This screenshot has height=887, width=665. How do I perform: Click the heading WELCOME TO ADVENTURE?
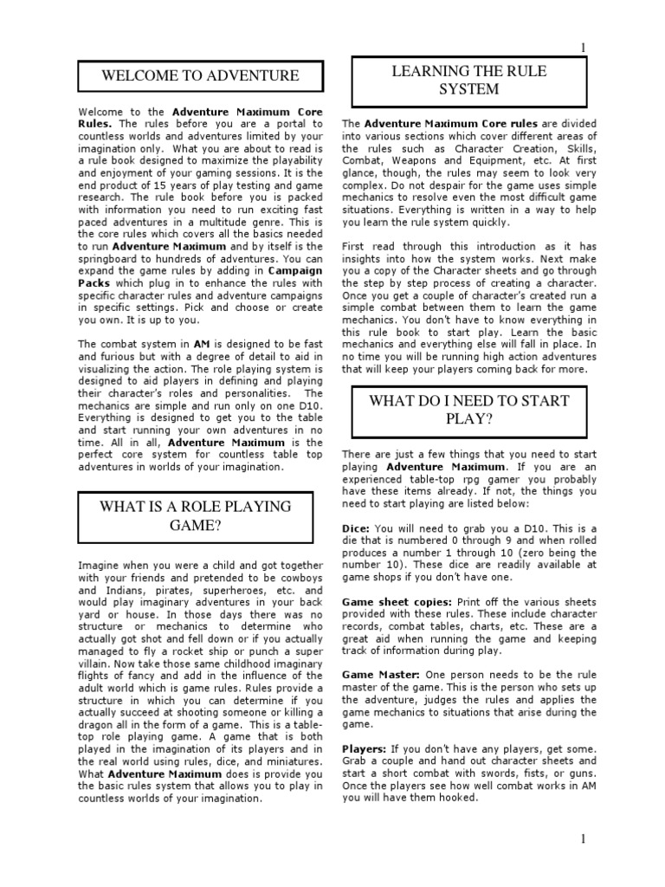(x=200, y=75)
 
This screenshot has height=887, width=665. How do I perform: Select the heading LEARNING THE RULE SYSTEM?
(x=469, y=80)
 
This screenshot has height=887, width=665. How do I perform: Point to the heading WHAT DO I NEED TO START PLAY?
(x=469, y=410)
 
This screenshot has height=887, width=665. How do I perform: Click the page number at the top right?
(x=584, y=47)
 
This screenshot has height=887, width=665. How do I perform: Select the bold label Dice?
(x=357, y=529)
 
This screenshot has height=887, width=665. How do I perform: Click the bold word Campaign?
(x=294, y=270)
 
